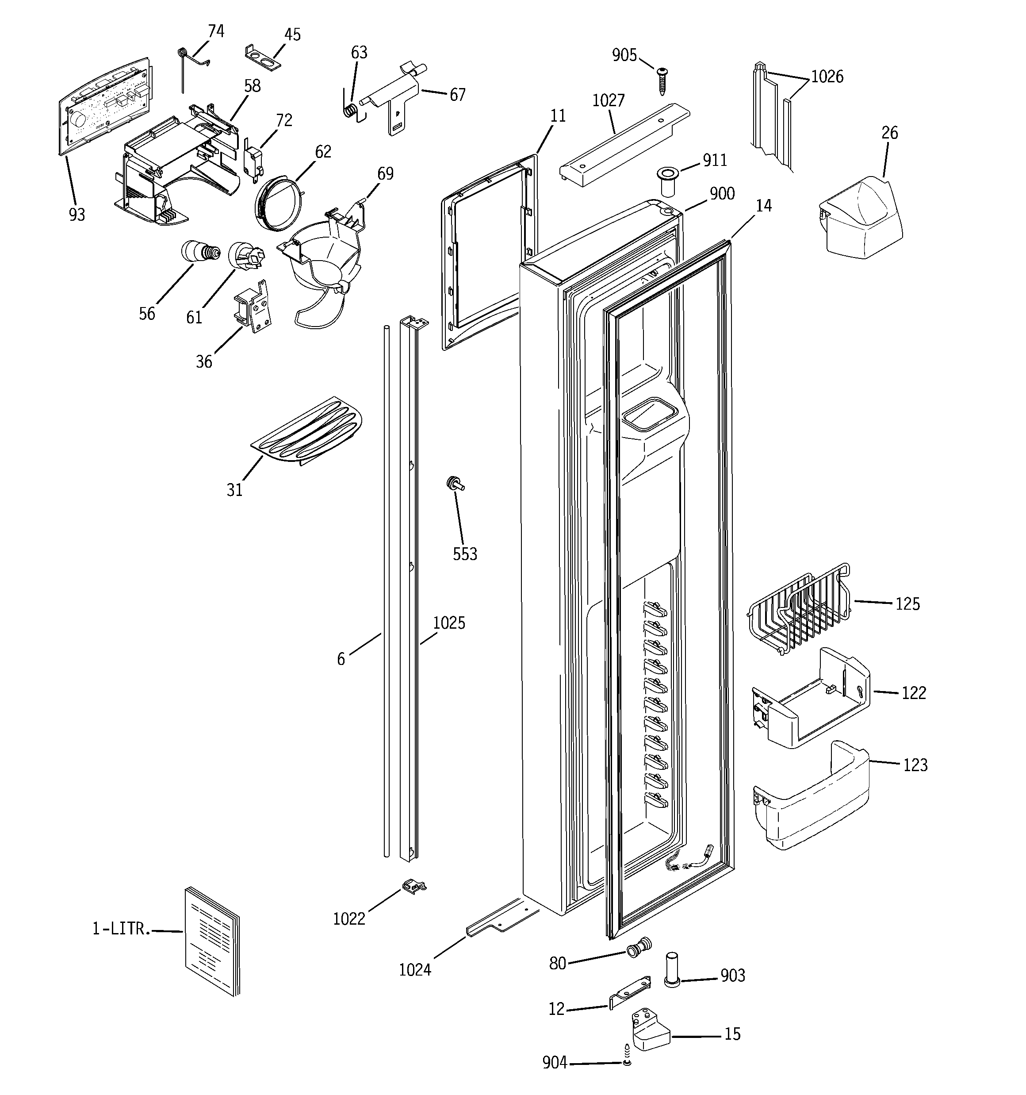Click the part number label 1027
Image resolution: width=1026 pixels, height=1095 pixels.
608,100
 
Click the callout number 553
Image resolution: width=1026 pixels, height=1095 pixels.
465,554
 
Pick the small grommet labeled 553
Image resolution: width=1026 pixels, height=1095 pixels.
455,484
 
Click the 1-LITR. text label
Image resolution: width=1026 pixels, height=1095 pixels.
121,929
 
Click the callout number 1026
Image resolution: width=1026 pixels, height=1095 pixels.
827,77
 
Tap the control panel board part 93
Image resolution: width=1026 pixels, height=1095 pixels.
105,105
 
